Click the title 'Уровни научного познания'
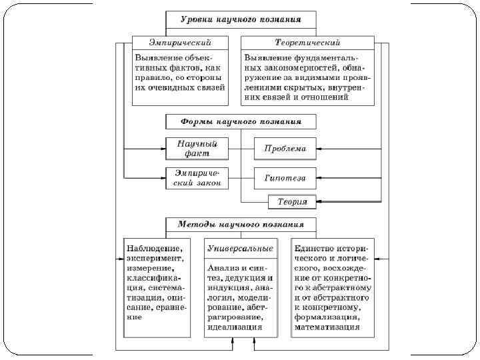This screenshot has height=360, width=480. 241,19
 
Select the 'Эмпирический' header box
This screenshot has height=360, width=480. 180,43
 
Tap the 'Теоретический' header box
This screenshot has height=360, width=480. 307,43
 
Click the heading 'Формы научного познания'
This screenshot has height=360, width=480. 241,122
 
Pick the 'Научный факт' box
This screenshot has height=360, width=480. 197,148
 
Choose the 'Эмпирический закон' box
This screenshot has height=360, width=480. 197,178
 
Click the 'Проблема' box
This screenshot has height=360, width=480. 285,149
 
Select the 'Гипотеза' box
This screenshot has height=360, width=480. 285,179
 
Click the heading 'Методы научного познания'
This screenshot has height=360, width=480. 241,225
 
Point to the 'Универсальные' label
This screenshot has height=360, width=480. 240,248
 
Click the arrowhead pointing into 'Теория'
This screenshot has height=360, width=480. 319,201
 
